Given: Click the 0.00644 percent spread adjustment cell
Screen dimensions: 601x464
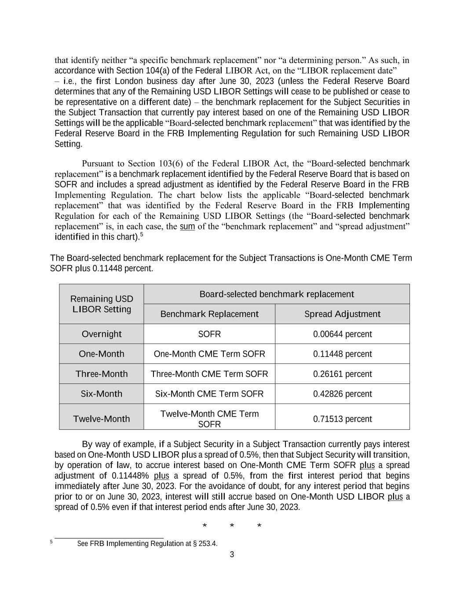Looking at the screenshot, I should (x=342, y=334).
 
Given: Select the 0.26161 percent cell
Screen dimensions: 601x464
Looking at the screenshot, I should (x=342, y=374).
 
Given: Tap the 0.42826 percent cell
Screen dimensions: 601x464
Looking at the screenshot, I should (x=342, y=394).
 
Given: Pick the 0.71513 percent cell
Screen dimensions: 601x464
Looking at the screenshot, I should (x=342, y=419).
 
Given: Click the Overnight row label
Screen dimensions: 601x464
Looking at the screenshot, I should (x=102, y=334).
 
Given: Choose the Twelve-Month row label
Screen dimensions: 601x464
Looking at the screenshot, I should (x=102, y=419).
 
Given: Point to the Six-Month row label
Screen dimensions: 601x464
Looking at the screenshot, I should (x=102, y=394).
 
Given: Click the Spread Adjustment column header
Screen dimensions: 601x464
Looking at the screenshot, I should (x=342, y=314).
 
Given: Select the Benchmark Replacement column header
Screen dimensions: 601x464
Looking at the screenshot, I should (x=209, y=314).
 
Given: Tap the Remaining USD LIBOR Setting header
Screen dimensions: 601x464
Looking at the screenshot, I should (x=102, y=304).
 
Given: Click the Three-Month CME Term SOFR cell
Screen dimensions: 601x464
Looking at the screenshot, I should (x=209, y=374).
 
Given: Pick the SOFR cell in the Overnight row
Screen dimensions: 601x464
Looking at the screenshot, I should (x=209, y=334).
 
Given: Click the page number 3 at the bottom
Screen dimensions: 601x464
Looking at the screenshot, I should (x=232, y=554).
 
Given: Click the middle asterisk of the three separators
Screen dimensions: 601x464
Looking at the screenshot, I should (x=232, y=526).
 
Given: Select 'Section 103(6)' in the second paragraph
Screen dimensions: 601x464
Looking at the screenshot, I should (x=180, y=164).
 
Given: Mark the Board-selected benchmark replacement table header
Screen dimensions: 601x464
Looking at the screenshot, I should (x=277, y=294).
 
